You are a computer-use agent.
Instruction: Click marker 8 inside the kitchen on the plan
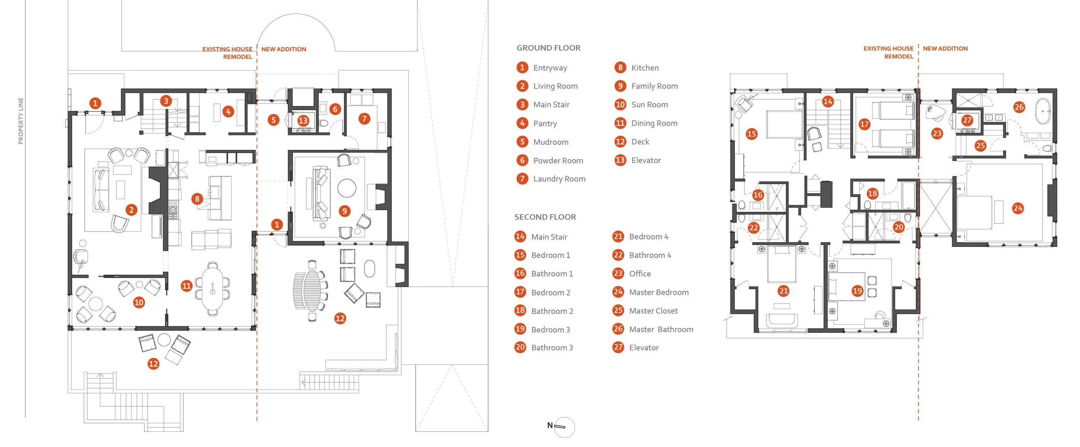click(197, 199)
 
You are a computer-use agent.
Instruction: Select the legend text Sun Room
click(649, 105)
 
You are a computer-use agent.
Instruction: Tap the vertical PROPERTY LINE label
click(21, 121)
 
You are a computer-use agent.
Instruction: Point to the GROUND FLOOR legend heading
click(548, 48)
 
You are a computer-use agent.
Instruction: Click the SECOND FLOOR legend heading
click(545, 217)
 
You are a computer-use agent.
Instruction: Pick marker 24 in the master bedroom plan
click(1017, 208)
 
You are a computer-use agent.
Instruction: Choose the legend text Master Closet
click(653, 311)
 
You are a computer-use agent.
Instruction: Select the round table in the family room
click(346, 188)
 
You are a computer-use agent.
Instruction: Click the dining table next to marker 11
click(212, 289)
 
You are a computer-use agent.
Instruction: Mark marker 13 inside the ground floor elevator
click(303, 121)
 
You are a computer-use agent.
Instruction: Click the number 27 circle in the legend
click(618, 347)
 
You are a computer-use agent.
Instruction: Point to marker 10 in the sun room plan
click(139, 303)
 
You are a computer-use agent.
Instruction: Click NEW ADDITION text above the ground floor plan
click(283, 49)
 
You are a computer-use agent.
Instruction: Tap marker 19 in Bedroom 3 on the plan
click(857, 291)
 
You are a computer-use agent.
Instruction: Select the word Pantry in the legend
click(545, 124)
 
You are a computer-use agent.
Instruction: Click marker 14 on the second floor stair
click(828, 102)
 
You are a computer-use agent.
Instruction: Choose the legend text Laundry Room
click(559, 179)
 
